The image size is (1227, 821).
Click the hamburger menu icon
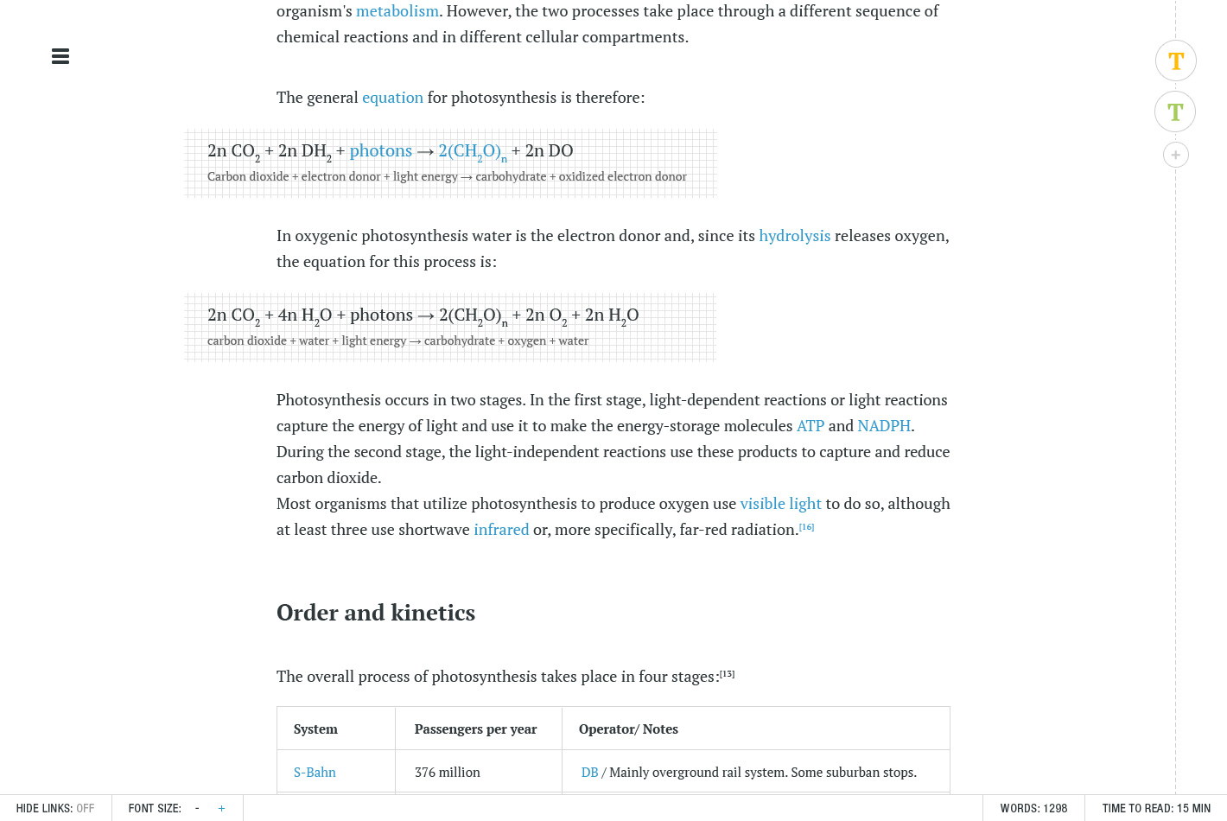60,56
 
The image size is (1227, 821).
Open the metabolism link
397,11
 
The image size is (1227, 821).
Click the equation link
392,98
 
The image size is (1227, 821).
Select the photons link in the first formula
380,150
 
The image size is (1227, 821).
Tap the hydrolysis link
794,236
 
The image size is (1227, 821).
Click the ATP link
810,426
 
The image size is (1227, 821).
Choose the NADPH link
883,426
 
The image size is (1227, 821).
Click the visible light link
780,504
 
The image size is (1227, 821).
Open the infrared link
501,530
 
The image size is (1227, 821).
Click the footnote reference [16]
806,527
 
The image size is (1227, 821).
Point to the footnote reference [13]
727,674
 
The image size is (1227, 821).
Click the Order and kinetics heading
376,613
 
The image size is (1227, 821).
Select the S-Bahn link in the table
315,773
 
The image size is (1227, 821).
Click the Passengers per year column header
475,729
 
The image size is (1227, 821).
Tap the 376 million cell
447,773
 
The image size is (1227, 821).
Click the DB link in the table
589,773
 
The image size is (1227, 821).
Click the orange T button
1175,61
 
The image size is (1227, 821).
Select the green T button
1175,111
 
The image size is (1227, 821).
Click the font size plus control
221,808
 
